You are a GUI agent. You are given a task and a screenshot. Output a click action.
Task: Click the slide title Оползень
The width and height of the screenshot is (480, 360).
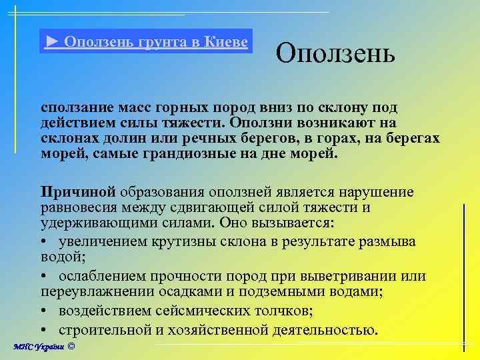pos(335,53)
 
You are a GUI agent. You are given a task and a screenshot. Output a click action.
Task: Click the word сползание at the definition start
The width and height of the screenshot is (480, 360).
pos(75,107)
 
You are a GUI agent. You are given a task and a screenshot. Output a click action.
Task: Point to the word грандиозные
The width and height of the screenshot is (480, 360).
pos(191,153)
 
